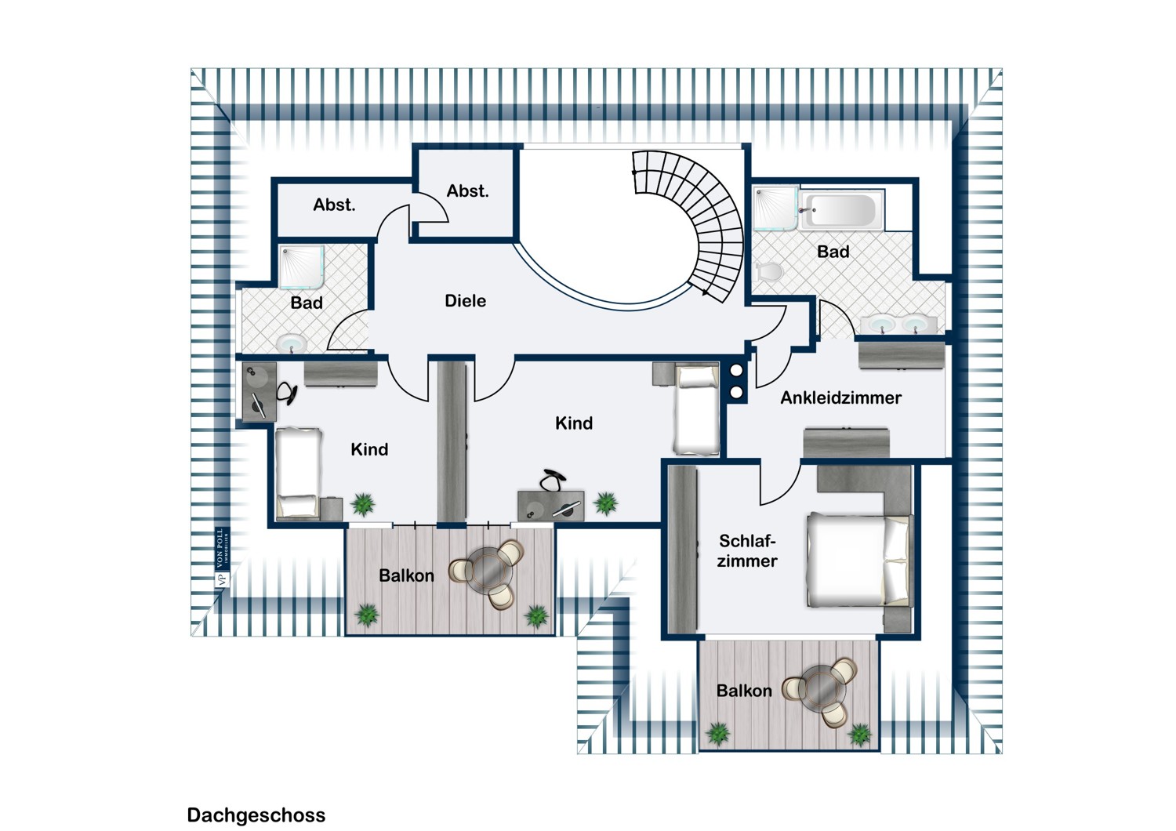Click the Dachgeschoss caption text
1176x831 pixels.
tap(256, 815)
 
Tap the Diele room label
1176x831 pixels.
tap(465, 301)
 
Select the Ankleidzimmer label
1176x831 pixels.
tap(840, 397)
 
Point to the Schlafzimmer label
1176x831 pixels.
tap(746, 550)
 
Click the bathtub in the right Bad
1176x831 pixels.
tap(841, 211)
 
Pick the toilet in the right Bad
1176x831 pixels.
tap(769, 271)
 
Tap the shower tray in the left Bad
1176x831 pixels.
tap(301, 267)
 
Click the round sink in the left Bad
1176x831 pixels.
tap(292, 344)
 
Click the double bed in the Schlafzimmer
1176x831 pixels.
tap(859, 560)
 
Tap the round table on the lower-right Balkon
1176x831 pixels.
tap(825, 688)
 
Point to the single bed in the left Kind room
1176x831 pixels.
tap(298, 473)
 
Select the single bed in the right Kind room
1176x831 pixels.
tap(696, 410)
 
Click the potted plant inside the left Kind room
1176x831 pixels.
tap(363, 504)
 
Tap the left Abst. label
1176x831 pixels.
tap(334, 205)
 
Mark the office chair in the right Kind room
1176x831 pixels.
tap(553, 480)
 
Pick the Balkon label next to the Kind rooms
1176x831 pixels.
tap(406, 576)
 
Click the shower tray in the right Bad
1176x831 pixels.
tap(776, 209)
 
